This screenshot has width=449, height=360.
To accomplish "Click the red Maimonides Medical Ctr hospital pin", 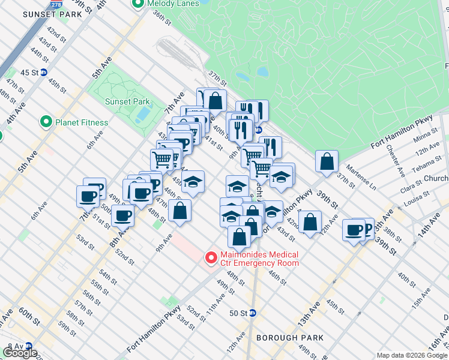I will point(211,258).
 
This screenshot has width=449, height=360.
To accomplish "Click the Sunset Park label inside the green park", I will point(127,101).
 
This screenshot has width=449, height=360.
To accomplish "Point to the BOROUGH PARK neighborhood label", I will point(290,338).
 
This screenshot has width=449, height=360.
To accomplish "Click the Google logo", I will point(20,353).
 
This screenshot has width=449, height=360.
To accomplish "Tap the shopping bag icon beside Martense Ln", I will point(327,161).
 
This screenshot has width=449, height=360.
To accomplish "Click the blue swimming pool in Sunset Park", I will point(143,113).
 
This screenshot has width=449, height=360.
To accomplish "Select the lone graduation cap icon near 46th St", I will point(193,182).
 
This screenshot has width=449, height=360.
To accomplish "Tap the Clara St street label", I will point(410,185).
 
